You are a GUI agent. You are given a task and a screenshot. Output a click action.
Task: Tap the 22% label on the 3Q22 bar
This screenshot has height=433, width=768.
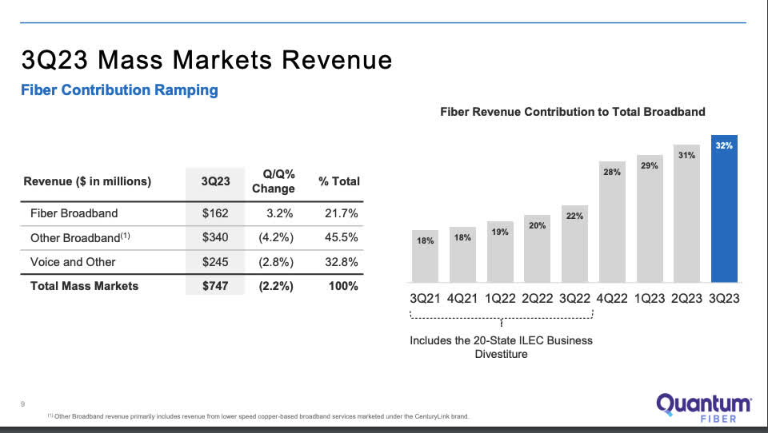pos(574,216)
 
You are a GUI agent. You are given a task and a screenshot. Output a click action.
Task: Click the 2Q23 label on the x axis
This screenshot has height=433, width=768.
pos(686,297)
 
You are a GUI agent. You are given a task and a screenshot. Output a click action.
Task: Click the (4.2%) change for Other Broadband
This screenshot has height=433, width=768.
pos(273,237)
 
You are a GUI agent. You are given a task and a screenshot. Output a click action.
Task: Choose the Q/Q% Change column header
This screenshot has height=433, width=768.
pos(273,181)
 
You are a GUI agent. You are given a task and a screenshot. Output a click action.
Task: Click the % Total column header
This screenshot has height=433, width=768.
pos(339,181)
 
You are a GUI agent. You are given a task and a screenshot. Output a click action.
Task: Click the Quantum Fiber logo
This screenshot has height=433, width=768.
pos(703,408)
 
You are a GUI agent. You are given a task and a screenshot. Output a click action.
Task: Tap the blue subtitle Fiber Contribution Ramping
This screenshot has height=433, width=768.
pos(118,90)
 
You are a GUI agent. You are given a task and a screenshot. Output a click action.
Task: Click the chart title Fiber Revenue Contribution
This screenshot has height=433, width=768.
pos(573,112)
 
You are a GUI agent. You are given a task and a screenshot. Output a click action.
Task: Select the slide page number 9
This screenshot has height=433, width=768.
pos(22,403)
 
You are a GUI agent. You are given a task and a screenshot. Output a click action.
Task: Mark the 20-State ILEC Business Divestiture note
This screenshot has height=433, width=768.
pos(501,347)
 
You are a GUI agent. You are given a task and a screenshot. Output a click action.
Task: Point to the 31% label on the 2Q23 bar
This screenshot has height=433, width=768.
pos(686,155)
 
